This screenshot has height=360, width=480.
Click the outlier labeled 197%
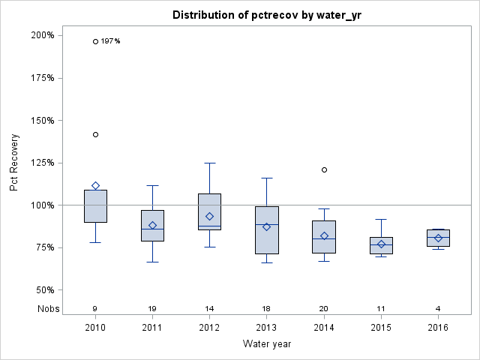(x=95, y=41)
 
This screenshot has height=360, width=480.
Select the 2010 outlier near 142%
(x=95, y=134)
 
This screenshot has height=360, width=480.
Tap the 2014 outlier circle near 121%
(x=324, y=169)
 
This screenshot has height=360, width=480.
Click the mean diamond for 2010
(x=95, y=185)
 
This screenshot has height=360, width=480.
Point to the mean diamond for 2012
(x=209, y=216)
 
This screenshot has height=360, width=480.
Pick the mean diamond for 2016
(x=438, y=238)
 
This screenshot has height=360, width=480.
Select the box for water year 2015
(x=381, y=245)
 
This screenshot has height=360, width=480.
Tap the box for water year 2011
(x=152, y=225)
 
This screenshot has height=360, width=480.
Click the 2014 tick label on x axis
(x=324, y=328)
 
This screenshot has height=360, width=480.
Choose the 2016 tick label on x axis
(x=438, y=328)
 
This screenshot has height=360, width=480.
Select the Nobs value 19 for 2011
(x=152, y=308)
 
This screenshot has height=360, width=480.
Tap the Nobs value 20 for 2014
(x=324, y=308)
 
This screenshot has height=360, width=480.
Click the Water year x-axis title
(x=267, y=343)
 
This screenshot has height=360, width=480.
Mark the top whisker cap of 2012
(x=209, y=163)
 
